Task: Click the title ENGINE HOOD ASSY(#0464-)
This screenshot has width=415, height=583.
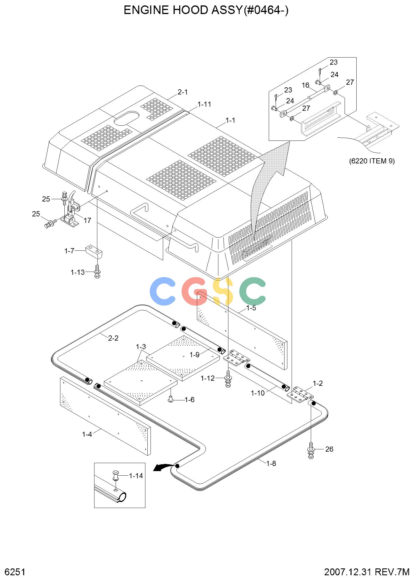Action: (x=206, y=10)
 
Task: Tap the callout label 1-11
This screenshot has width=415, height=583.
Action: (x=204, y=104)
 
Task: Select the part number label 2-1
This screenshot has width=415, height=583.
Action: (x=183, y=92)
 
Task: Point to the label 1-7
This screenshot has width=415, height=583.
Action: (x=69, y=251)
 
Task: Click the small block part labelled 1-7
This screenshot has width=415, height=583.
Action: (x=94, y=251)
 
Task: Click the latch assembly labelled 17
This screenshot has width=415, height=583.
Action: (x=71, y=210)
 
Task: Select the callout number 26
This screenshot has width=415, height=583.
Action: (x=329, y=449)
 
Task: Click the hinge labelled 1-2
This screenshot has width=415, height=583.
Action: (x=300, y=395)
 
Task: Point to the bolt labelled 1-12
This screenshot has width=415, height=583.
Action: (x=228, y=379)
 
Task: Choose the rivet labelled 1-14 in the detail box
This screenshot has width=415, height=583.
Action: (x=116, y=476)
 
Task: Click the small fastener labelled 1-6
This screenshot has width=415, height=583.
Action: (x=171, y=399)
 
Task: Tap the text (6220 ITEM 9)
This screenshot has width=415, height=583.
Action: (x=371, y=161)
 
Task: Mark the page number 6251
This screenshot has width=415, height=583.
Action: (x=15, y=572)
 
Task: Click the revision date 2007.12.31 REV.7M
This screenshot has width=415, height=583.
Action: (x=367, y=572)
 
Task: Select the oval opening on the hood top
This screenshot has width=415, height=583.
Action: (x=127, y=118)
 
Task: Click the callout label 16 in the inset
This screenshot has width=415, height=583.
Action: (x=305, y=85)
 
